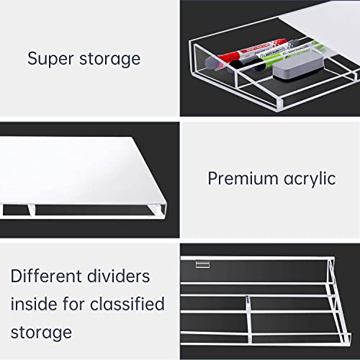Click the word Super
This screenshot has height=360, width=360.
click(x=50, y=58)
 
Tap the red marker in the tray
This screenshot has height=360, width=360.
click(x=230, y=58)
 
